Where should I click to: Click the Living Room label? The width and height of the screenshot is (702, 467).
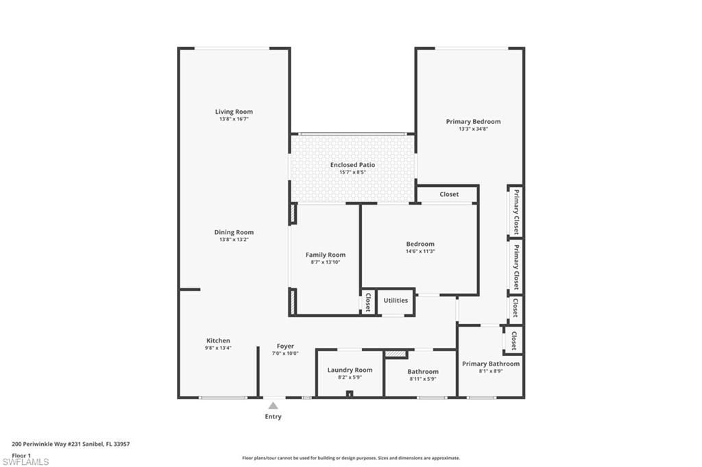pyautogui.click(x=234, y=112)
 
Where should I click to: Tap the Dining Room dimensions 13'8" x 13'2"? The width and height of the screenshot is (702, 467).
pyautogui.click(x=234, y=240)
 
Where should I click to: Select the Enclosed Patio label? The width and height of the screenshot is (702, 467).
pyautogui.click(x=352, y=165)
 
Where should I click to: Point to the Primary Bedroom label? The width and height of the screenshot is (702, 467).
pyautogui.click(x=473, y=122)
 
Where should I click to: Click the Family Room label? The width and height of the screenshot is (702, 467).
pyautogui.click(x=325, y=255)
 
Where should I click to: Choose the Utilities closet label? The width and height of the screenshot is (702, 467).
pyautogui.click(x=396, y=300)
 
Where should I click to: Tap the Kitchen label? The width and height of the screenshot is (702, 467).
pyautogui.click(x=219, y=340)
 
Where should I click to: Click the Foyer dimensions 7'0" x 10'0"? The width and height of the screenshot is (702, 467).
pyautogui.click(x=285, y=353)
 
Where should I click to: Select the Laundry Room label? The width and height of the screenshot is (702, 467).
pyautogui.click(x=350, y=370)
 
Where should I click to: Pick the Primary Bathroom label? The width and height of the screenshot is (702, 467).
pyautogui.click(x=490, y=364)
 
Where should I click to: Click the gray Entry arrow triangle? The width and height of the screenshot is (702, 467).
pyautogui.click(x=273, y=405)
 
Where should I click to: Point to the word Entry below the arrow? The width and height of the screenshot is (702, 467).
pyautogui.click(x=273, y=416)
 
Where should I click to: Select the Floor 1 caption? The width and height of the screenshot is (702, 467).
pyautogui.click(x=22, y=455)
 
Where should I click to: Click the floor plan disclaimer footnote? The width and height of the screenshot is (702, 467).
pyautogui.click(x=350, y=458)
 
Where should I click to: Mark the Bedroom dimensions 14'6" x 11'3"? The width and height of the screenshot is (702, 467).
pyautogui.click(x=420, y=251)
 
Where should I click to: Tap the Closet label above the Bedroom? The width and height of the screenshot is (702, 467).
pyautogui.click(x=449, y=194)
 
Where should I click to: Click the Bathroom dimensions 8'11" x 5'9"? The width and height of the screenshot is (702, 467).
pyautogui.click(x=422, y=379)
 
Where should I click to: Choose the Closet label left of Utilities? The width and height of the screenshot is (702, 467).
pyautogui.click(x=368, y=302)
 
